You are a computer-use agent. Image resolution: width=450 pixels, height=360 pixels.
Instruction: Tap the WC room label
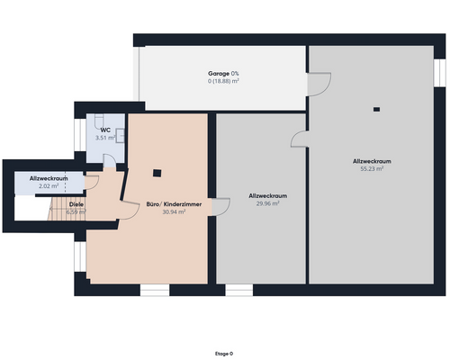pos(105,130)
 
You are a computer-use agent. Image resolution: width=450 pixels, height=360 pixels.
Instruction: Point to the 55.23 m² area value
pos(371,168)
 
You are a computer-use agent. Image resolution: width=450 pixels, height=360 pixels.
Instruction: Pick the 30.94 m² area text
pos(173,212)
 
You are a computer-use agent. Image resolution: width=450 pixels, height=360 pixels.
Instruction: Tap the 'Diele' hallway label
pos(77,204)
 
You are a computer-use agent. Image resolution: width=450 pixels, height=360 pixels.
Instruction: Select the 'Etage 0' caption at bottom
pos(224,354)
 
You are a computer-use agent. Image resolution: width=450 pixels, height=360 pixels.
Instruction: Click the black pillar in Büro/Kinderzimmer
pos(157,173)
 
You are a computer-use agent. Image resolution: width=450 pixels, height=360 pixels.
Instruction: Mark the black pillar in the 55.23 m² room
pos(375,110)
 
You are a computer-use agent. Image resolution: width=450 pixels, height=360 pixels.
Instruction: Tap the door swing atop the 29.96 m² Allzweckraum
pos(298,137)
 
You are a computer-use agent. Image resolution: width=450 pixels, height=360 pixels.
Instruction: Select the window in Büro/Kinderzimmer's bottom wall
pos(155,290)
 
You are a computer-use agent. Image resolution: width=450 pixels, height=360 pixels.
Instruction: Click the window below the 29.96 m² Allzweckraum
pos(238,290)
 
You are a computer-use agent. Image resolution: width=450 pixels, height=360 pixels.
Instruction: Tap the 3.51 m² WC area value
pos(105,138)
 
